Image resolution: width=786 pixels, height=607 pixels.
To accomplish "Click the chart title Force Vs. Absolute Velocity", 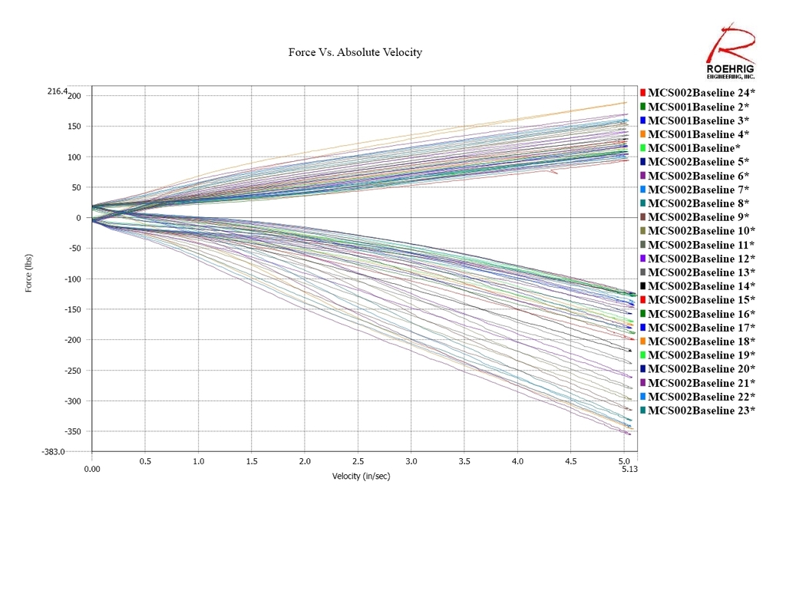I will coord(355,52).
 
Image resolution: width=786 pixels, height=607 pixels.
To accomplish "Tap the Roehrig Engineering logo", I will coord(730,53).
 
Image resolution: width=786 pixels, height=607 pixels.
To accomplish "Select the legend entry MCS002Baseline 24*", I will coord(698,93).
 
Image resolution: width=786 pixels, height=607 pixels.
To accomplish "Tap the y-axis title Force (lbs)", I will coord(29,273).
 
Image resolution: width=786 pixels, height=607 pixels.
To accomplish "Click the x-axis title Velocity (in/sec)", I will coord(361,477).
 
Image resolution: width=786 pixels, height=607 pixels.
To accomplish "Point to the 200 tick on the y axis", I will coord(74,95).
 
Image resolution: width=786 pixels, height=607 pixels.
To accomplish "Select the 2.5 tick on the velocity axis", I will coord(358,462).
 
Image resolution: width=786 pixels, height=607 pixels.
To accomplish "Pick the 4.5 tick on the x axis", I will coord(571,462).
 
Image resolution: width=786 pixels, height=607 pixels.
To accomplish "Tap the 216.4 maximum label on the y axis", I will coord(57,91).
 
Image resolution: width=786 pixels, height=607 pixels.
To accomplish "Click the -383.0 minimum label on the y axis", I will coord(54,452).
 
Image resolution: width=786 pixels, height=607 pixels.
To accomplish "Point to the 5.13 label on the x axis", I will coord(629,469).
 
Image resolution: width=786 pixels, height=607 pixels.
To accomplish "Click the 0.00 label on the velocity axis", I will coord(91,469).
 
